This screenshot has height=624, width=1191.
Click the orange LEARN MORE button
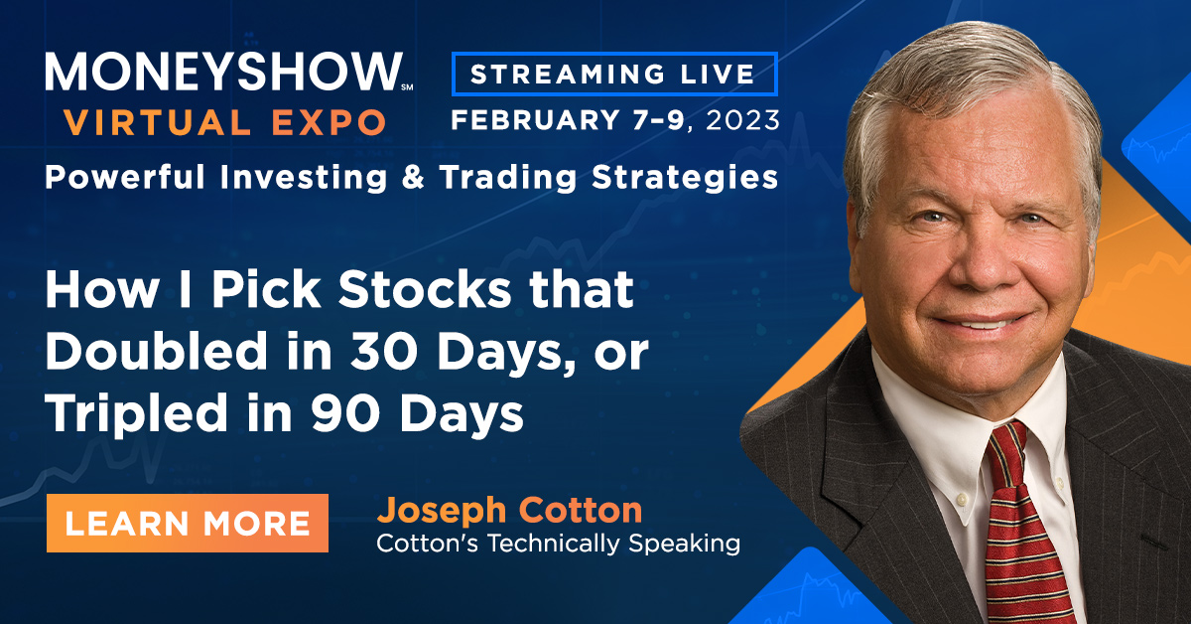(x=188, y=523)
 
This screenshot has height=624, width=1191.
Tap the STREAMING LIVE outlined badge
(x=614, y=74)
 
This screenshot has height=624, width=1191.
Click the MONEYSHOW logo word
(x=223, y=72)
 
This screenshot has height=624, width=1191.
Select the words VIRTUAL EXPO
(x=225, y=122)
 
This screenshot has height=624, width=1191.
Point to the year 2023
(x=742, y=120)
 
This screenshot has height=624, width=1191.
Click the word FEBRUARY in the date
(x=535, y=120)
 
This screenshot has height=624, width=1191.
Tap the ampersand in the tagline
(x=413, y=177)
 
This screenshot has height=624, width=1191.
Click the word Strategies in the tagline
(x=685, y=178)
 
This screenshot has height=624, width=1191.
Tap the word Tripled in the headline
(x=137, y=414)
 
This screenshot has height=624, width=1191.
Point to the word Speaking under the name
(x=684, y=545)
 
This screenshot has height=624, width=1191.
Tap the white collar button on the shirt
(x=961, y=499)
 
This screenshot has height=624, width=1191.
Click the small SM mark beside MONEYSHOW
(x=407, y=86)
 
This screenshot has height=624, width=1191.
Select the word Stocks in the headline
(x=425, y=289)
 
